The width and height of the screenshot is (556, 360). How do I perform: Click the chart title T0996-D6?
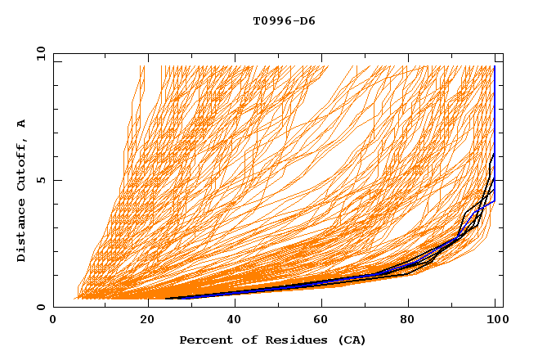tap(284, 20)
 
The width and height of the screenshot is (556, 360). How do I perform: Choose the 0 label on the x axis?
tap(54, 320)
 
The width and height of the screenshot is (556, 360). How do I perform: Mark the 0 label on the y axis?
tap(40, 308)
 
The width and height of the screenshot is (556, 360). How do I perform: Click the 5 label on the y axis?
tap(40, 180)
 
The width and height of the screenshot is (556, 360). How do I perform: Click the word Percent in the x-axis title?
tap(202, 340)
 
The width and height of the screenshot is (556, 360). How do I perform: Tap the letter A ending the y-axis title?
tap(21, 124)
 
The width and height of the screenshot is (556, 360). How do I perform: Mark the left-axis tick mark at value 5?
tap(56, 180)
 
